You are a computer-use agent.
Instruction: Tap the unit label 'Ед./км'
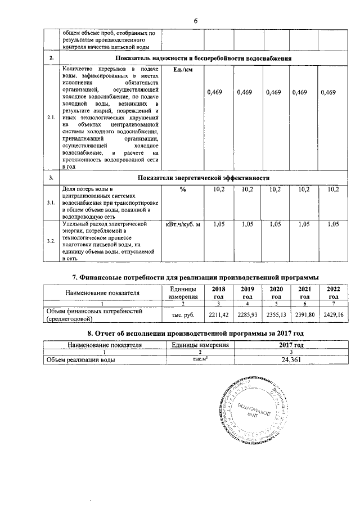(x=181, y=69)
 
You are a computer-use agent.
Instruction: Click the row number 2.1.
(x=51, y=118)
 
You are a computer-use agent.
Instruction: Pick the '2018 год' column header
(x=218, y=292)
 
